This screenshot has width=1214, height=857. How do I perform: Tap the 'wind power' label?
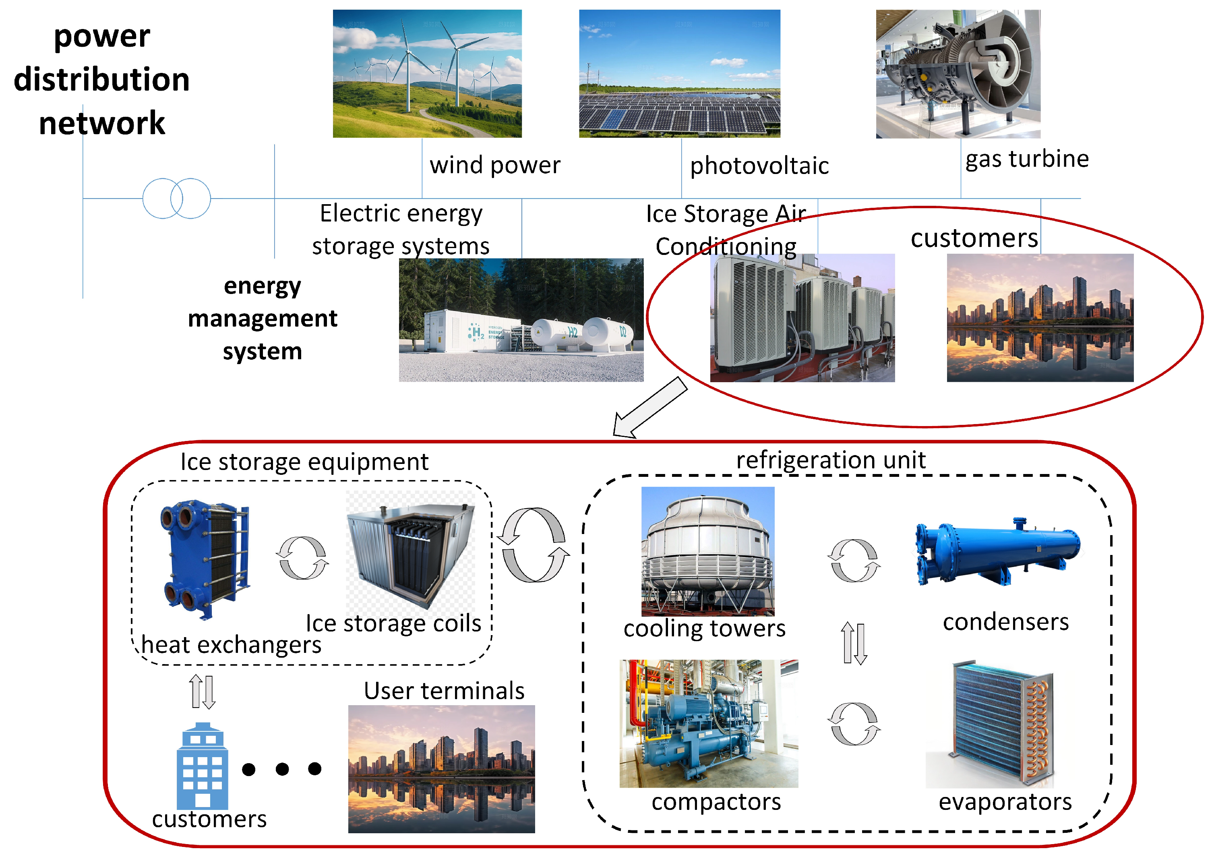coord(494,165)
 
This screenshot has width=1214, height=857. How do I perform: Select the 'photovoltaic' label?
coord(759,166)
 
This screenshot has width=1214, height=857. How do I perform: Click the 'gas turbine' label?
coord(1027,159)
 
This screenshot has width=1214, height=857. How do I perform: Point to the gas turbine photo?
coord(958,74)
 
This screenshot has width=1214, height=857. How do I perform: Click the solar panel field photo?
coord(679,74)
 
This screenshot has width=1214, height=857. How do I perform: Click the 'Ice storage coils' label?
coord(393,623)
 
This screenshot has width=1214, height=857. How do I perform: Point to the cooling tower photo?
coord(707,551)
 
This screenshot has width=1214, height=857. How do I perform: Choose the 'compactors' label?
coord(716,801)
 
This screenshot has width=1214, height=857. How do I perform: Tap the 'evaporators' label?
coord(1005,801)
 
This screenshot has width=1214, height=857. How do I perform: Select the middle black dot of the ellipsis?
coord(282,769)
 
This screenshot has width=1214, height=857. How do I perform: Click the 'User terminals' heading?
coord(444,690)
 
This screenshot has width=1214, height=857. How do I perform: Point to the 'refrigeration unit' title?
coord(831,460)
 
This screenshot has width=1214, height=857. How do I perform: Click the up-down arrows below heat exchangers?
coord(203,691)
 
